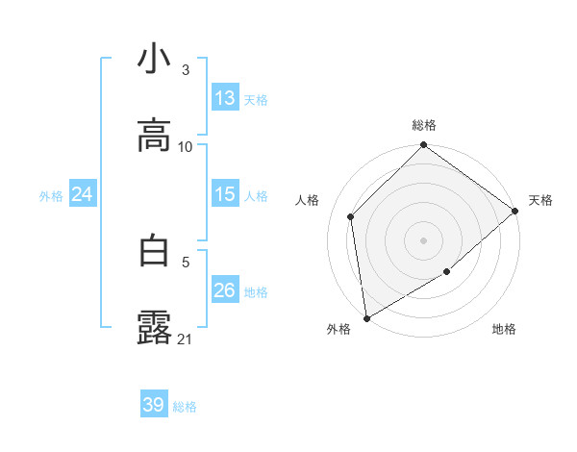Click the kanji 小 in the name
pyautogui.click(x=154, y=60)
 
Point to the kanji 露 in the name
pyautogui.click(x=154, y=327)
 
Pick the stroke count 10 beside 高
pyautogui.click(x=186, y=146)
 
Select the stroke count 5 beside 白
pyautogui.click(x=186, y=260)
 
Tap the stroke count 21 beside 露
pyautogui.click(x=186, y=339)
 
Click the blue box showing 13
pyautogui.click(x=225, y=98)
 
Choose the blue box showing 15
pyautogui.click(x=225, y=194)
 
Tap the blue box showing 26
pyautogui.click(x=225, y=290)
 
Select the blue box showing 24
pyautogui.click(x=83, y=194)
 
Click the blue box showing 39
pyautogui.click(x=154, y=405)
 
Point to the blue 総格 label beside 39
pyautogui.click(x=185, y=407)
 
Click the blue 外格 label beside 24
pyautogui.click(x=51, y=196)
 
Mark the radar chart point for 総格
pyautogui.click(x=423, y=146)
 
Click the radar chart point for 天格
pyautogui.click(x=515, y=212)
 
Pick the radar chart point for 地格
pyautogui.click(x=448, y=272)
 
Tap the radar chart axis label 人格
pyautogui.click(x=309, y=200)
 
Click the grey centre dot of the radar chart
pyautogui.click(x=423, y=239)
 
